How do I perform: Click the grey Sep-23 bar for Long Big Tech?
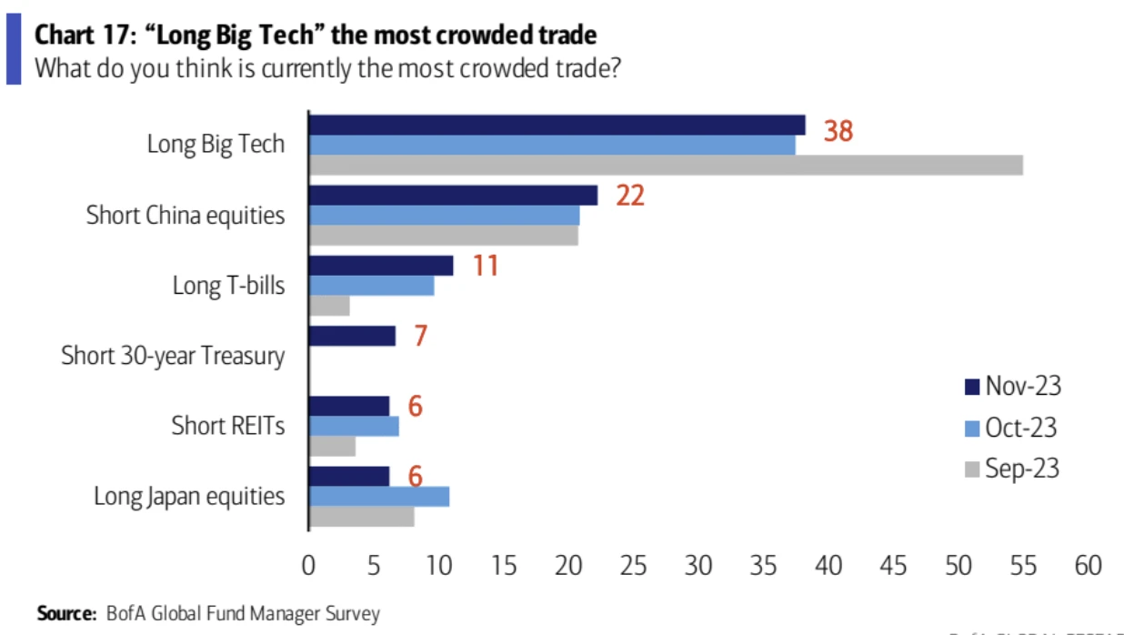tap(666, 165)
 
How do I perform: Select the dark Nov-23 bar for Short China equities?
tap(453, 195)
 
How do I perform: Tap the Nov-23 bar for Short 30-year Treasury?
tap(353, 336)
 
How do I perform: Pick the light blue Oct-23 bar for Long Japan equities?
tap(379, 496)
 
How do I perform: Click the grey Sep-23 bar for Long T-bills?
tap(329, 307)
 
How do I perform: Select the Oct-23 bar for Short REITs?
tap(354, 426)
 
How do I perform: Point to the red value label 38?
tap(838, 132)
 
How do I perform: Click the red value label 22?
tap(629, 195)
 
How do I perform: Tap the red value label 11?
tap(485, 266)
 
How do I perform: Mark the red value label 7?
tap(420, 336)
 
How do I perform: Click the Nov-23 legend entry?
tap(1012, 387)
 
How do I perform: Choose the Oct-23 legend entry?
tap(1011, 428)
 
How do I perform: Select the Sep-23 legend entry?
tap(1011, 469)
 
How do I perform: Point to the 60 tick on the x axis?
tap(1088, 566)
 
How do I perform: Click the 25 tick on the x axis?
tap(633, 566)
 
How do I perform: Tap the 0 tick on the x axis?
tap(309, 566)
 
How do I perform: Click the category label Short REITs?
tap(227, 426)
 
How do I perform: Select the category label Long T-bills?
tap(228, 286)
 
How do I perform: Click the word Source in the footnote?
tap(66, 614)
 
